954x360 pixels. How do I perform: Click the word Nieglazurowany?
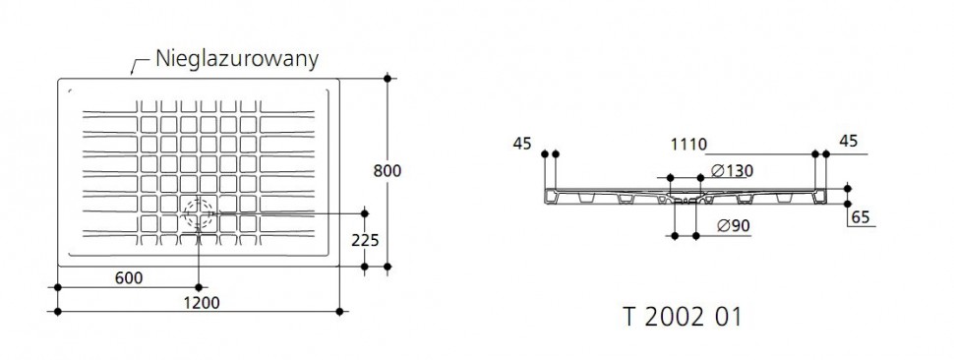[x=237, y=58]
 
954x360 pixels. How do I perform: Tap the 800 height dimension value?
[x=387, y=171]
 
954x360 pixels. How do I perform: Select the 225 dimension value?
[x=365, y=240]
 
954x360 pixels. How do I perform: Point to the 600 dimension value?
[x=129, y=278]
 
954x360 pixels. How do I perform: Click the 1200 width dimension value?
[x=201, y=302]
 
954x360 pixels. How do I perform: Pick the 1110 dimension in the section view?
[x=688, y=145]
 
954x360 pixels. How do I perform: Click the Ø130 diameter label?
[x=732, y=171]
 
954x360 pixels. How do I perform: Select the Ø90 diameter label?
[x=733, y=226]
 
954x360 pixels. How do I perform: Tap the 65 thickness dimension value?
[x=861, y=217]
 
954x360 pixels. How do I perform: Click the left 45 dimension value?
[x=522, y=144]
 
